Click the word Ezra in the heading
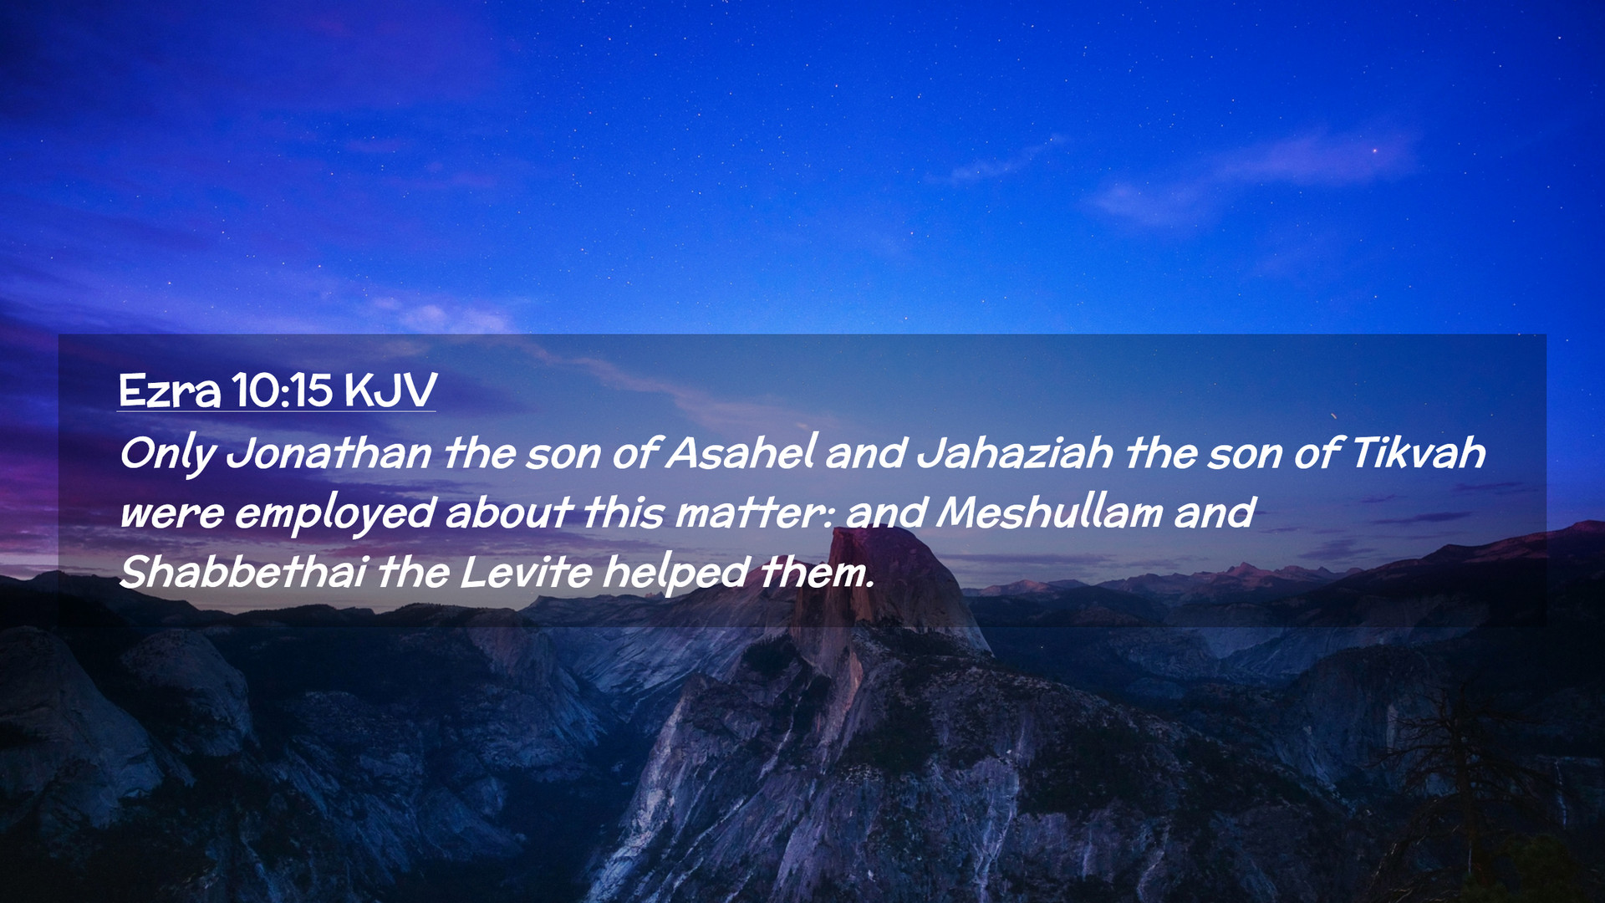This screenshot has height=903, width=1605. tap(170, 390)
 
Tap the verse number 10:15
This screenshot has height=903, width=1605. tap(282, 390)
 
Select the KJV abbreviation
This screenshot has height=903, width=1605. tap(390, 390)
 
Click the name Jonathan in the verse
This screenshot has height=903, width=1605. tap(329, 453)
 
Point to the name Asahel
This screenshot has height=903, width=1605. tap(741, 452)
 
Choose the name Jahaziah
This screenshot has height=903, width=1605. tap(1016, 453)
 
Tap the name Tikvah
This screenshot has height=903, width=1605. tap(1418, 453)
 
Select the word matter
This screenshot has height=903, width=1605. tap(753, 513)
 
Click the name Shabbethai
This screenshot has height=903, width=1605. tap(243, 572)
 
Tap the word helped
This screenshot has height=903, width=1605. tap(675, 574)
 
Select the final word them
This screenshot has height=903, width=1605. tap(817, 573)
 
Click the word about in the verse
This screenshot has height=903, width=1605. tap(509, 513)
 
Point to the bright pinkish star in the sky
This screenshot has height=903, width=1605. tap(1374, 150)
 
